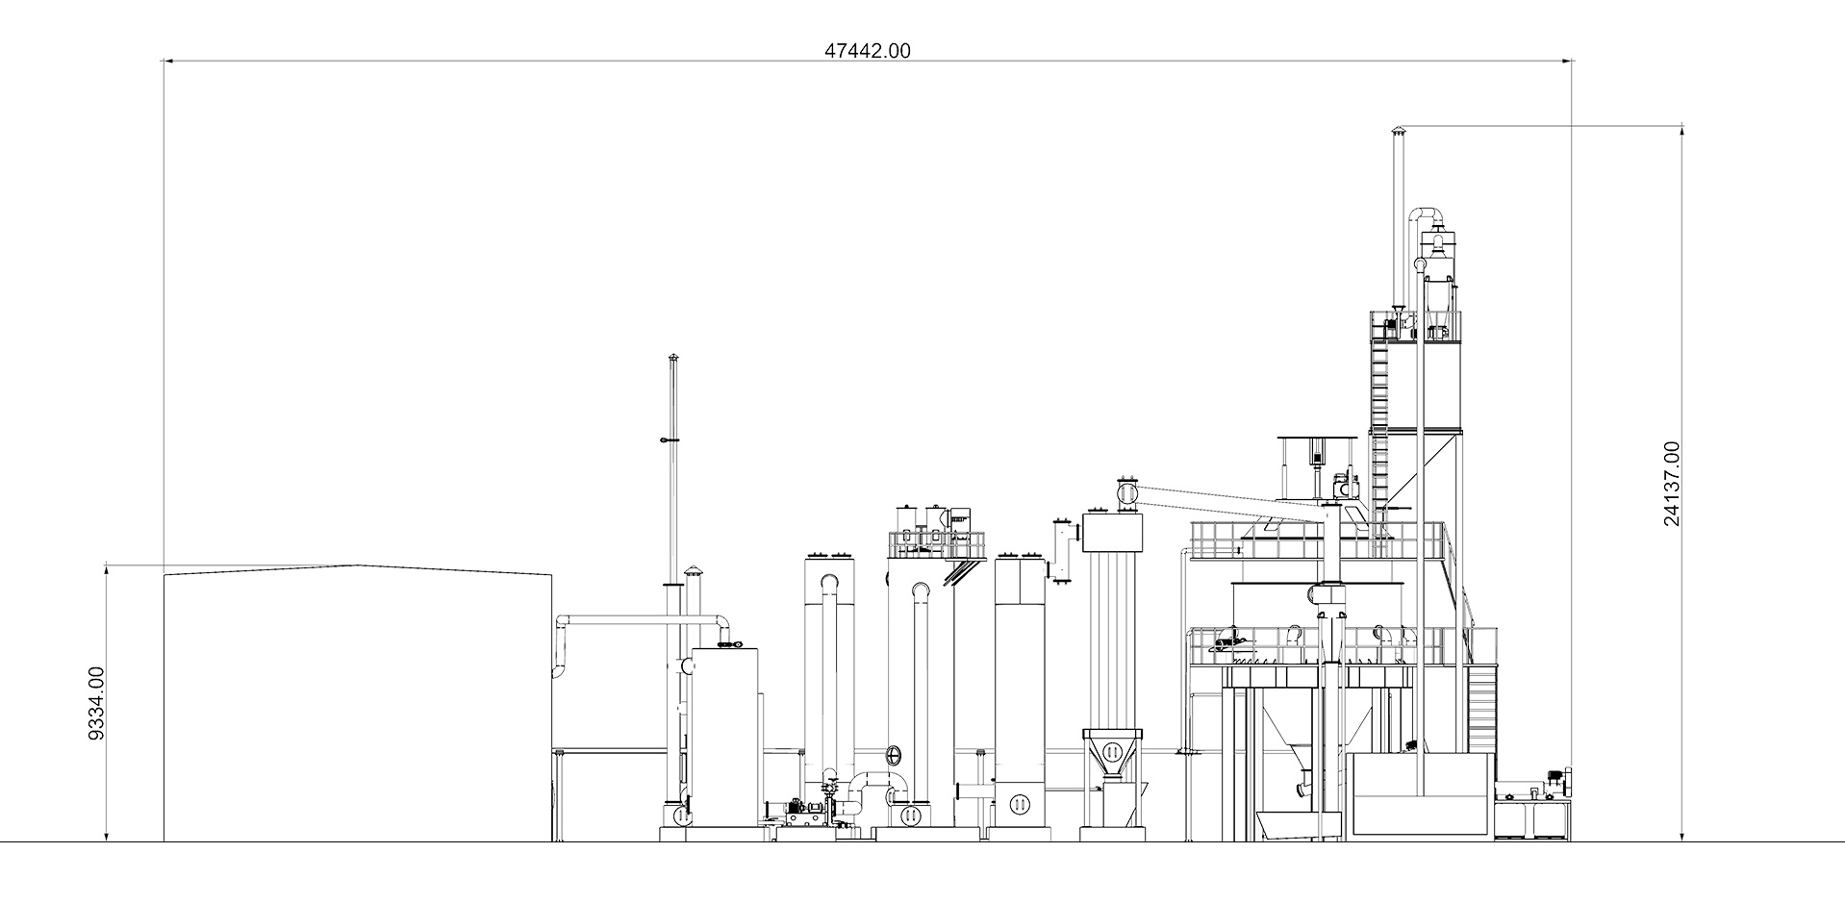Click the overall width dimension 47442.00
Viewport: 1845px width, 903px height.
867,51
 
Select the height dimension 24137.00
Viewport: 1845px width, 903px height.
1672,484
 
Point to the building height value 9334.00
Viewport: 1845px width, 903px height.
96,703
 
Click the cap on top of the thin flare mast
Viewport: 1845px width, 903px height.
673,359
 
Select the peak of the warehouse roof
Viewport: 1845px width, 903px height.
358,566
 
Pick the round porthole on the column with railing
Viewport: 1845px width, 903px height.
895,752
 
